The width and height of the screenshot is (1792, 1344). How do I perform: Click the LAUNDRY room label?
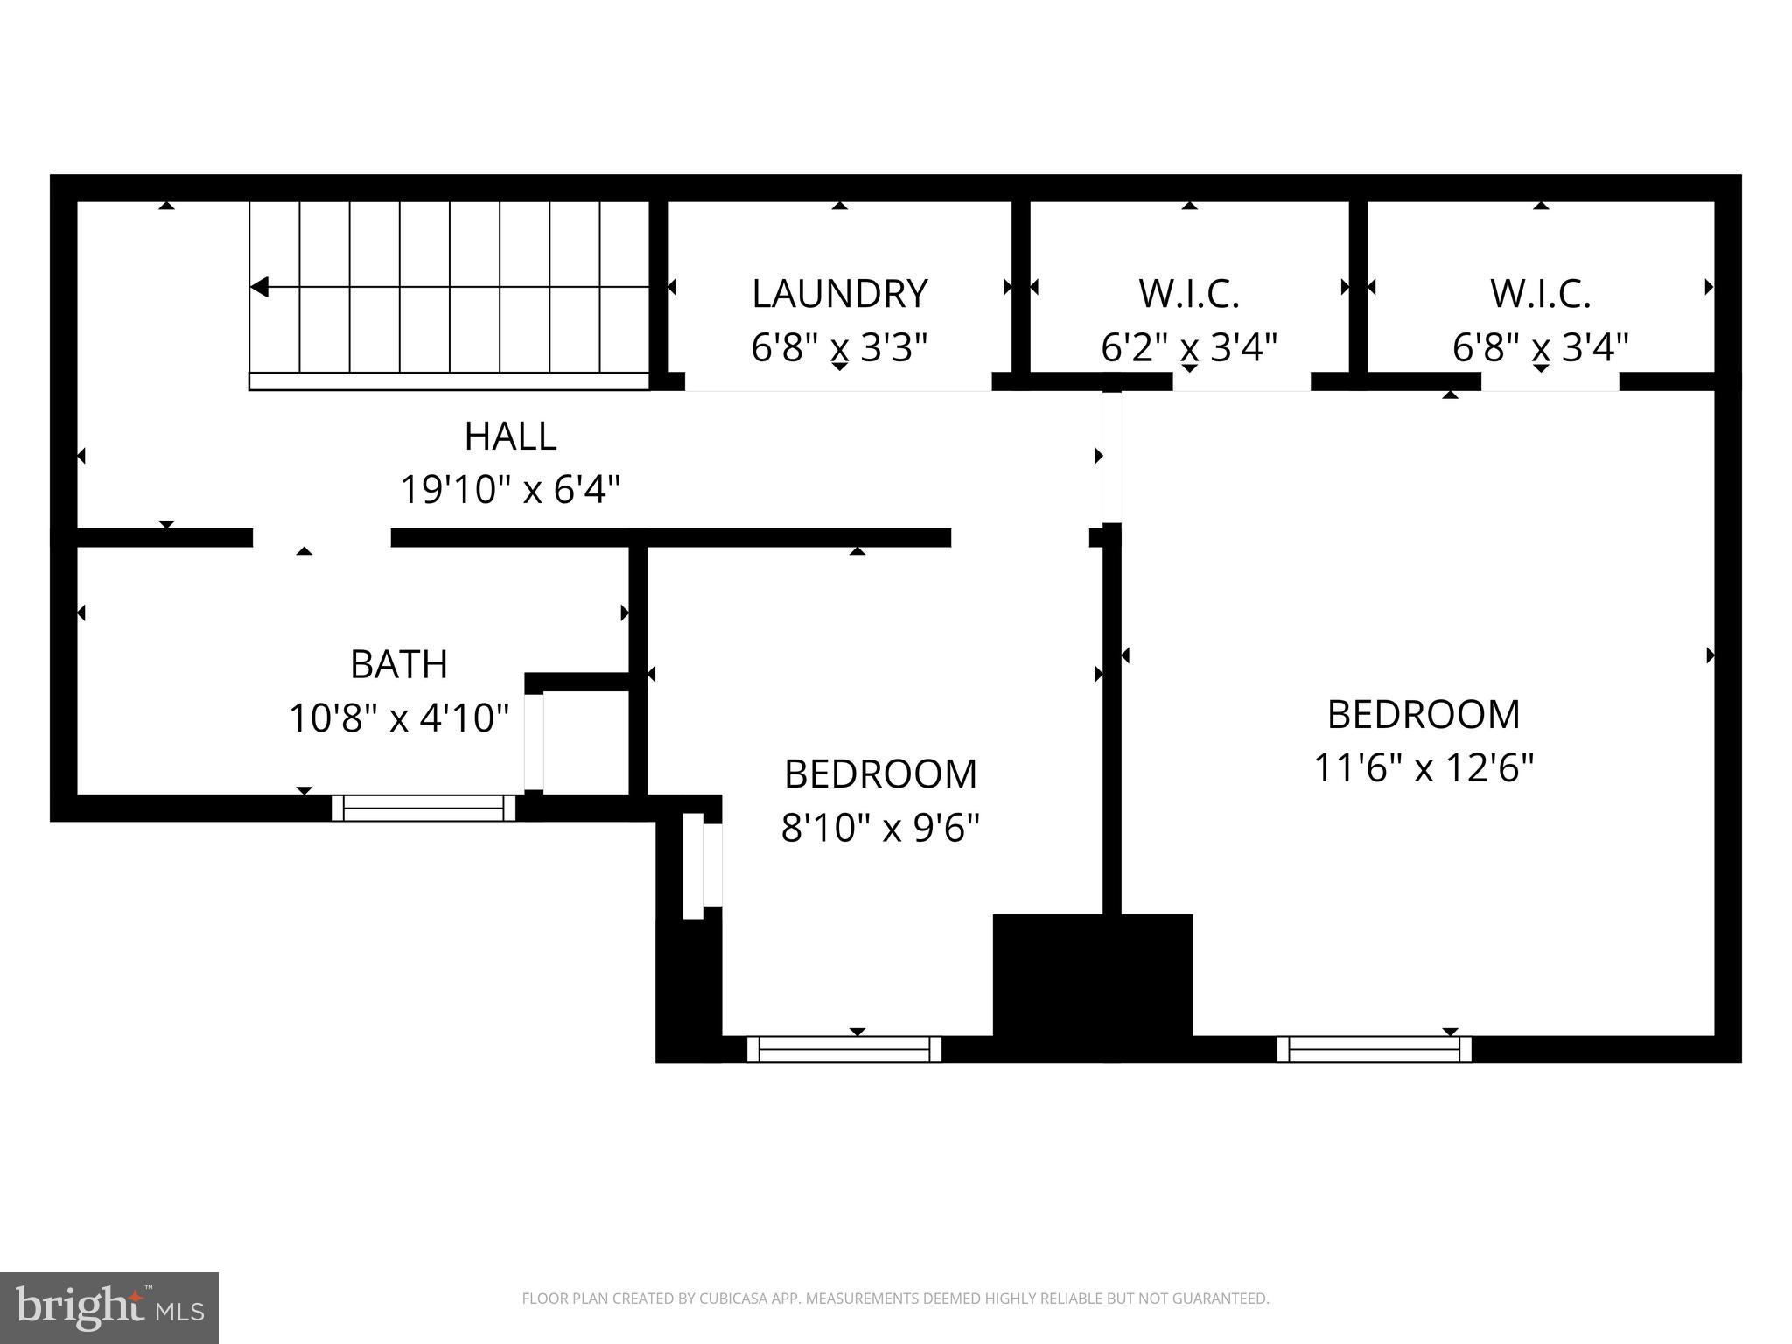tap(839, 294)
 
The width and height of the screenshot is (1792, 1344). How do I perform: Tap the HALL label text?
tap(510, 437)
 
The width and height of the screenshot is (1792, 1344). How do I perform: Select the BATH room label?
tap(399, 664)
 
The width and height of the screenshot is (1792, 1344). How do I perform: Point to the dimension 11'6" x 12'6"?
tap(1424, 768)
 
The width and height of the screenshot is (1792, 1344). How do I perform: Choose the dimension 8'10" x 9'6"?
tap(879, 827)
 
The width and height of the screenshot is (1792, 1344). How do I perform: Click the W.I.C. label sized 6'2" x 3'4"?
tap(1188, 294)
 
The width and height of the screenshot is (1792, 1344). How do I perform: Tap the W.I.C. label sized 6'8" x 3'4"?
tap(1540, 294)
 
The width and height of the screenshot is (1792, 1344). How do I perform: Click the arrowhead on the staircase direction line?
tap(259, 287)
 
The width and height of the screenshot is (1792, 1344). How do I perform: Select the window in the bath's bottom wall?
tap(423, 808)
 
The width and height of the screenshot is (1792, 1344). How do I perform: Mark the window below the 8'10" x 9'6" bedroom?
tap(843, 1048)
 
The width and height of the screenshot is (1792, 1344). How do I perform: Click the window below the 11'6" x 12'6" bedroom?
tap(1374, 1048)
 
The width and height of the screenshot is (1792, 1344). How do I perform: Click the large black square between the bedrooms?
tap(1092, 987)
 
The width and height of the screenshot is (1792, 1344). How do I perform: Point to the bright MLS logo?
tap(109, 1307)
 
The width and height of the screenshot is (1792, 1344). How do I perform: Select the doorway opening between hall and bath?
tap(321, 537)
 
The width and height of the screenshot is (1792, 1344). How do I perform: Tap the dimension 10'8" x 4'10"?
tap(399, 718)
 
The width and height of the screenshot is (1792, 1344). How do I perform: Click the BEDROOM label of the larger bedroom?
tap(1424, 714)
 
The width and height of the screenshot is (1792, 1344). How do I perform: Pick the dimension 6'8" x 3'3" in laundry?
tap(839, 347)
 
